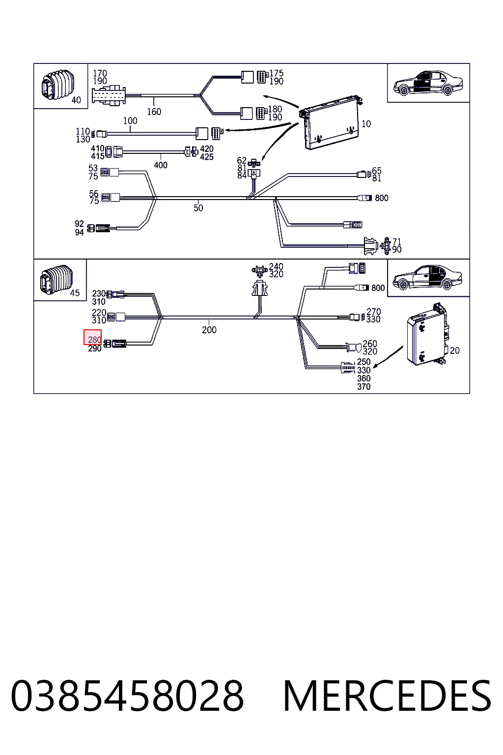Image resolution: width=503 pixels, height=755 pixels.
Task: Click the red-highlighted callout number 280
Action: [x=94, y=340]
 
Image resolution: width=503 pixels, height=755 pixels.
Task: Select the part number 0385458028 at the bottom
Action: [x=127, y=696]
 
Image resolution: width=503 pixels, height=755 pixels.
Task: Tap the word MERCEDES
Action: [x=388, y=696]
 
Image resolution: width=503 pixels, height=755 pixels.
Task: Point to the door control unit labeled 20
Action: [x=427, y=335]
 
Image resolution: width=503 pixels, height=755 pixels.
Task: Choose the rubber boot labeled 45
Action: [x=56, y=280]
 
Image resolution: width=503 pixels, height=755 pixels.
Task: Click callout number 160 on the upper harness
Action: [x=154, y=112]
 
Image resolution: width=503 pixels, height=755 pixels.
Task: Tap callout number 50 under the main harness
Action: [x=198, y=207]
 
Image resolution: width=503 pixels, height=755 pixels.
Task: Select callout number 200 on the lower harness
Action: [x=209, y=330]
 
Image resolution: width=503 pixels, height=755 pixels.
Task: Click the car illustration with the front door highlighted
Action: [x=428, y=83]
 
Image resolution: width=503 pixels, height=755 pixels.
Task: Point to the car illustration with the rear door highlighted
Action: [x=427, y=277]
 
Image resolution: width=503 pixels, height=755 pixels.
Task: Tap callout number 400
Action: [x=161, y=165]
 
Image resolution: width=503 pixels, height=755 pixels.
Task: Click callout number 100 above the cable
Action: [x=130, y=120]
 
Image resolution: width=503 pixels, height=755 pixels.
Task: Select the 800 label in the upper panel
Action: [x=381, y=198]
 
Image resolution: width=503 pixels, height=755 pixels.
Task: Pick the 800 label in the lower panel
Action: [x=378, y=288]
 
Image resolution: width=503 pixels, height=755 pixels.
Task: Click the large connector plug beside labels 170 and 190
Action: [x=109, y=96]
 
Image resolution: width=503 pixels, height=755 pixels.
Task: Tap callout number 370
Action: [x=364, y=387]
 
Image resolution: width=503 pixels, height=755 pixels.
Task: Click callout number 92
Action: [x=79, y=224]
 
